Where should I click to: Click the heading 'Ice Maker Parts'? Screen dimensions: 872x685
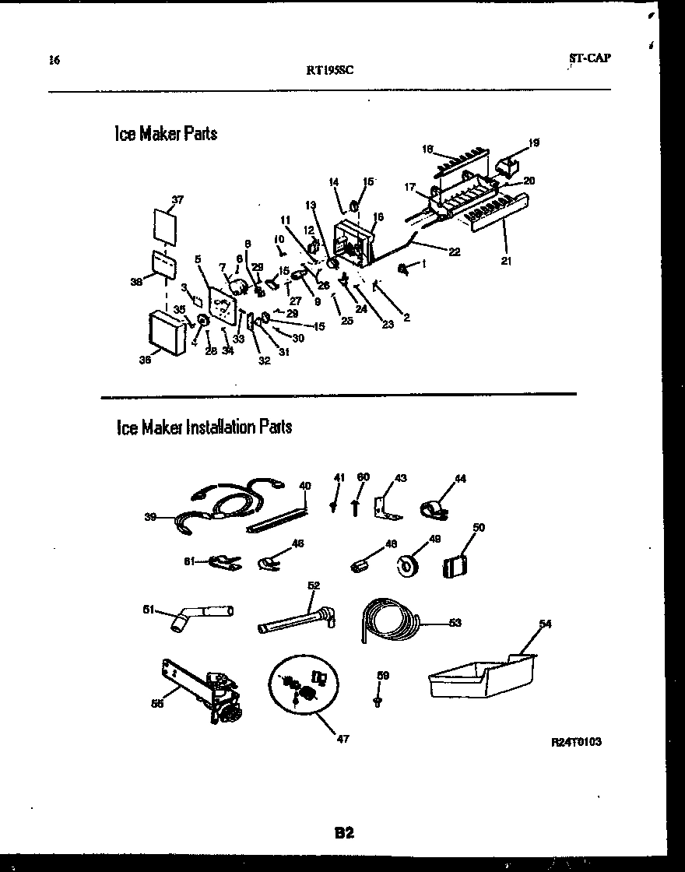coord(165,134)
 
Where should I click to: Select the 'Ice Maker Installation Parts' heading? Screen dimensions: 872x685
coord(204,427)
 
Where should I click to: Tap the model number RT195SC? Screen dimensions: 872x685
coord(331,69)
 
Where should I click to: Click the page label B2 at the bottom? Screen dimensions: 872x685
coord(344,833)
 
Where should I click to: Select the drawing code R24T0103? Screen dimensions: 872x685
coord(575,742)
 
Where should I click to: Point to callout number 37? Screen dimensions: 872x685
coord(177,200)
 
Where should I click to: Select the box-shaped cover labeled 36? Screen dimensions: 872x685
coord(165,333)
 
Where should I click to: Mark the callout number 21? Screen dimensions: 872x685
coord(506,261)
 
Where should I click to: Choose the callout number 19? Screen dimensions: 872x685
coord(534,142)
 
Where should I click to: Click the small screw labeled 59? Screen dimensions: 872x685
coord(377,701)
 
